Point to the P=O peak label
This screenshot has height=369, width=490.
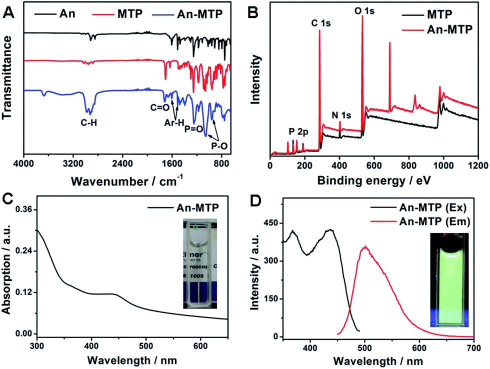(193, 129)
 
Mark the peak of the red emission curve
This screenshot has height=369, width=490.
(365, 246)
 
